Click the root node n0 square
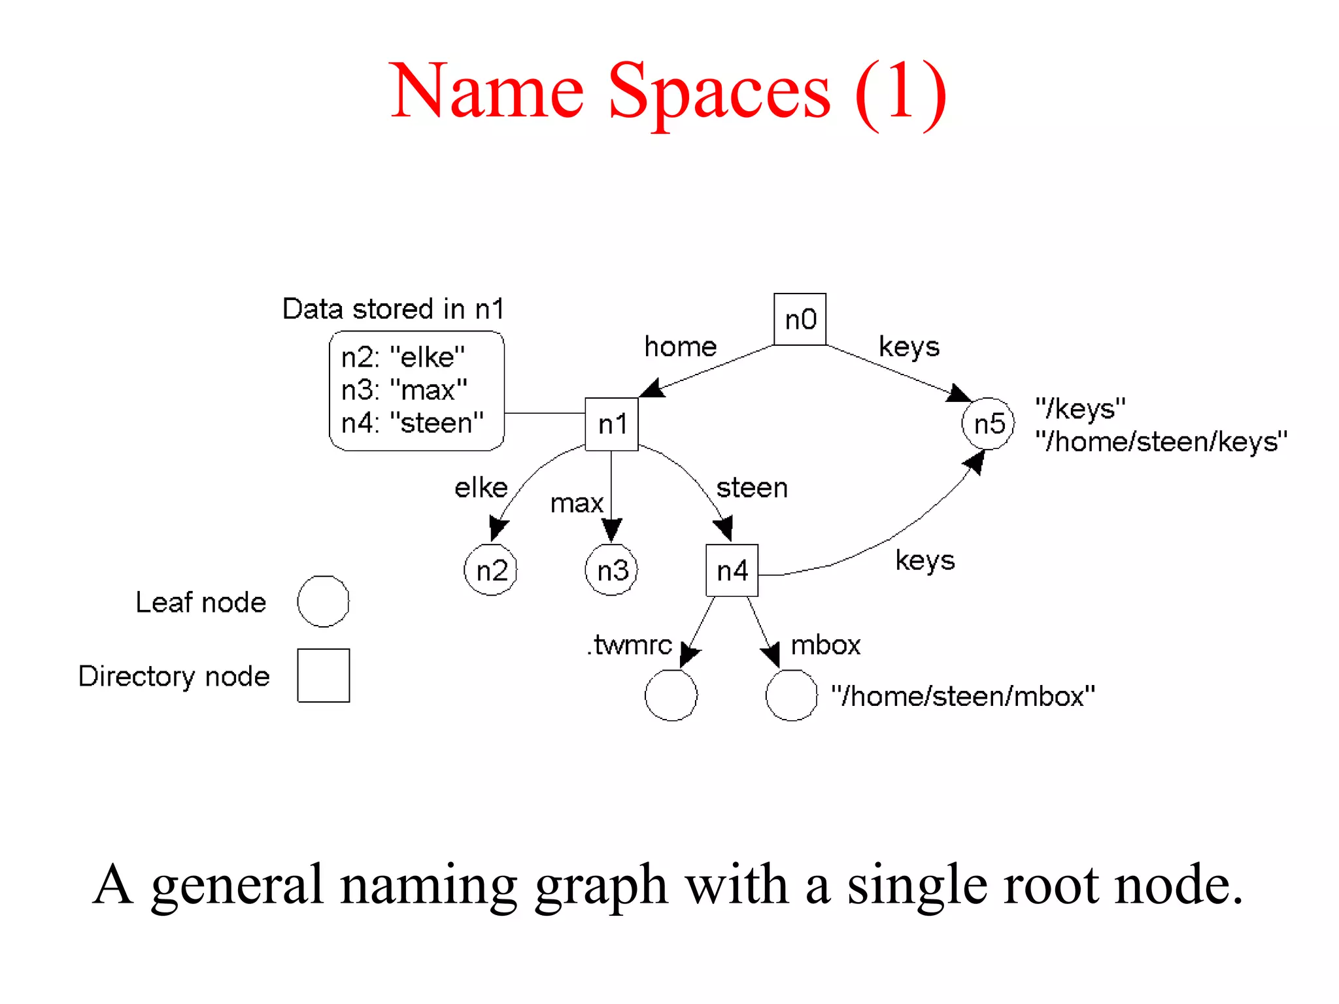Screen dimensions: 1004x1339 point(800,319)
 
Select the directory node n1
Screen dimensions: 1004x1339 point(611,424)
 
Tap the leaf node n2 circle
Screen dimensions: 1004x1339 point(491,570)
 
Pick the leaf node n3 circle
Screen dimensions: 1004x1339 point(611,570)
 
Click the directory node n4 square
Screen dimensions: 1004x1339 point(732,571)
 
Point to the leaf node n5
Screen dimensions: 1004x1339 point(988,424)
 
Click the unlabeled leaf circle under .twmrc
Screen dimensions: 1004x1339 point(671,695)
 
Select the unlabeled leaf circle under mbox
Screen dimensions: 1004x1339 point(791,695)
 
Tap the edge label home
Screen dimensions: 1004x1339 point(680,346)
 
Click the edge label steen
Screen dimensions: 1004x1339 point(752,488)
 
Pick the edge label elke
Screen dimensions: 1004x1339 point(481,488)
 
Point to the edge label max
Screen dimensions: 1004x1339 point(577,503)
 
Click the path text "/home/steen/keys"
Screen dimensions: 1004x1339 point(1161,442)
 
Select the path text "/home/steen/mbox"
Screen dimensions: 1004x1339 point(962,696)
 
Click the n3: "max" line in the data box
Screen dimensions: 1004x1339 point(404,390)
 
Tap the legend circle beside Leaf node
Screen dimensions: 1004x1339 point(323,601)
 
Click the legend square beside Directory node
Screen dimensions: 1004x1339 point(323,675)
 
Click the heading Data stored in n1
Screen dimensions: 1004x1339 point(393,309)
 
